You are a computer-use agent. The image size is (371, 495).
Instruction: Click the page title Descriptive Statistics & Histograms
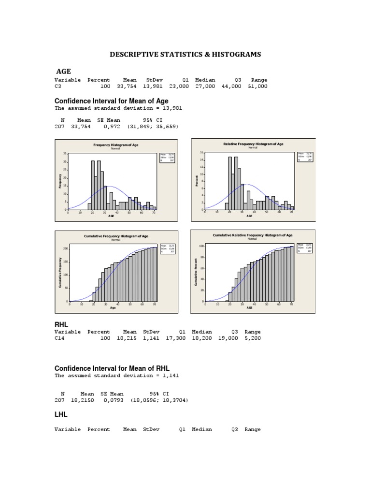tap(185, 55)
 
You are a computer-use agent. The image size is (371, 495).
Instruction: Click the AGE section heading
tap(64, 72)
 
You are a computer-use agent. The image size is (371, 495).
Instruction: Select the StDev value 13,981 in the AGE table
tap(153, 87)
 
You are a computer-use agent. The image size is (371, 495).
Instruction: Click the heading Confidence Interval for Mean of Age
tap(112, 101)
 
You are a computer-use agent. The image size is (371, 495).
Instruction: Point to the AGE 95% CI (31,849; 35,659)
tap(153, 126)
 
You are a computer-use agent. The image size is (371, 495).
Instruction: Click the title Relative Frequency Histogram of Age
tap(253, 144)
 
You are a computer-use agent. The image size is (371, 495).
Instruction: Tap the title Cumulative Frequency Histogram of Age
tap(116, 236)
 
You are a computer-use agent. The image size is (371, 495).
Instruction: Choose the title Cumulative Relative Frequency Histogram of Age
tap(253, 235)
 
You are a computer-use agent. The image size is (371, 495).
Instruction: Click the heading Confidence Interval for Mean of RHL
tap(112, 368)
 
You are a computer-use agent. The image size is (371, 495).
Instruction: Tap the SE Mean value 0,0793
tap(114, 401)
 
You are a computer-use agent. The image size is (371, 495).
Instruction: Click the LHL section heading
tap(61, 415)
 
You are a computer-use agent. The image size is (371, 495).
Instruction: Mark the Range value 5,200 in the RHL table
tap(253, 339)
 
